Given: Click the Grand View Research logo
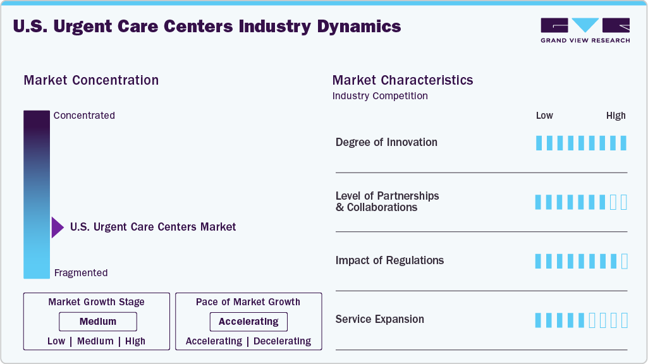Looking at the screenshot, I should click(x=585, y=30).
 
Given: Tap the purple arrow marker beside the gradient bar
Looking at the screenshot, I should click(x=58, y=227).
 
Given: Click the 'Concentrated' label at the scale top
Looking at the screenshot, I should click(x=84, y=116).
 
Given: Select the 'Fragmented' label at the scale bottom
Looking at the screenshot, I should click(x=81, y=273).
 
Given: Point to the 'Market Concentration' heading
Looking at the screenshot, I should click(x=91, y=80).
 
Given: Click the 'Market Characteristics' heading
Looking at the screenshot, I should click(x=403, y=80).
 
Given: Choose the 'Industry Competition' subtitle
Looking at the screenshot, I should click(x=380, y=96).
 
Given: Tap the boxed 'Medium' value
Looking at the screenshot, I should click(x=98, y=322).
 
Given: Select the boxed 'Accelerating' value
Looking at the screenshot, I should click(x=248, y=322).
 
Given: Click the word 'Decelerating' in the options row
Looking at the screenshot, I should click(x=282, y=341).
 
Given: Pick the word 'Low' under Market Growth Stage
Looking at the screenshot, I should click(x=56, y=341).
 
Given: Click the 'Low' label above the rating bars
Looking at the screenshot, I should click(x=544, y=116).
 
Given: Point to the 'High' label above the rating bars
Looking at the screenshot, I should click(x=616, y=116).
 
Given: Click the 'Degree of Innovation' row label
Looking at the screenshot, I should click(x=386, y=142).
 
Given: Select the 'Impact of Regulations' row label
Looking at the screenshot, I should click(x=389, y=260).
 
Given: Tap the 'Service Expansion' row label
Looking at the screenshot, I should click(x=380, y=319).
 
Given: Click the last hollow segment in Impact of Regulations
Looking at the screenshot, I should click(x=624, y=261).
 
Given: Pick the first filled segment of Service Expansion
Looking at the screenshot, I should click(x=539, y=320).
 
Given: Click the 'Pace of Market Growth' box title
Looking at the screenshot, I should click(x=248, y=302).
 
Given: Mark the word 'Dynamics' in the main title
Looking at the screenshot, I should click(x=357, y=27).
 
